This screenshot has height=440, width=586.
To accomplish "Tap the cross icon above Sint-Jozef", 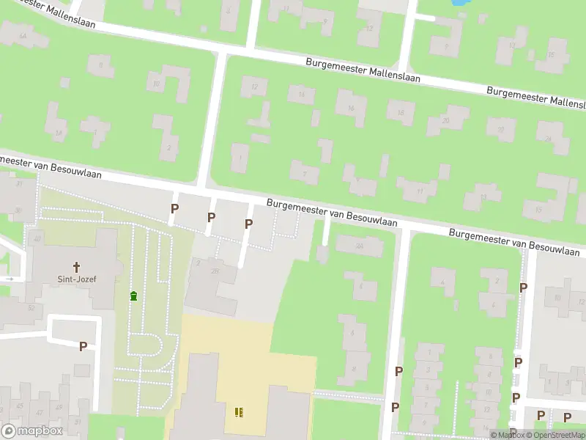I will pos(75,267).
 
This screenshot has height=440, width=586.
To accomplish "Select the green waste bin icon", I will pos(133,296).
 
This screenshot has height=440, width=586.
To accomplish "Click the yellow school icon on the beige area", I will pos(239,412).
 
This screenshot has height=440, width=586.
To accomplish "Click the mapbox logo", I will pos(32,430).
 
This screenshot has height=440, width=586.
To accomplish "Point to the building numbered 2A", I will pos(359,246).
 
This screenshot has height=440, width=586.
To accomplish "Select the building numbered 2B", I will pos(215,272).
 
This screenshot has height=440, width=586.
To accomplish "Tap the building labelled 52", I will pos(31,308).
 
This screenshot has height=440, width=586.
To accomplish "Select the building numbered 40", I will pos(36,239).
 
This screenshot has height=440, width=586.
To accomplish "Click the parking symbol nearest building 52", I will pos(83,346).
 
